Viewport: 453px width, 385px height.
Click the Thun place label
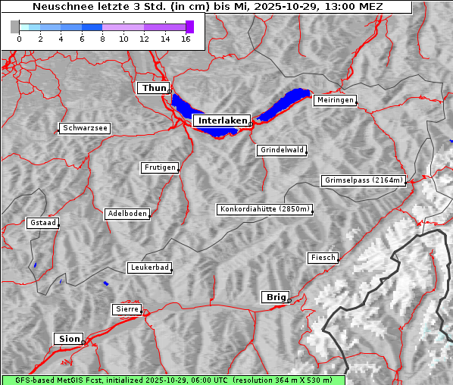click(153, 89)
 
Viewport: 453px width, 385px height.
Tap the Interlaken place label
click(222, 121)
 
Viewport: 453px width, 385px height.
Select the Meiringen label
click(334, 100)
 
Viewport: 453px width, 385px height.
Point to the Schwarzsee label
click(85, 129)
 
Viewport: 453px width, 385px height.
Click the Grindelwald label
click(282, 150)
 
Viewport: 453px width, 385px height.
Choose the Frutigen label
click(159, 167)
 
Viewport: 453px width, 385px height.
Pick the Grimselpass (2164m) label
click(363, 180)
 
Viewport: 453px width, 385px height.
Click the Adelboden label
click(127, 214)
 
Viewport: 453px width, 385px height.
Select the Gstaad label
click(42, 223)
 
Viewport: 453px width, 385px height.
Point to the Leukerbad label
click(149, 268)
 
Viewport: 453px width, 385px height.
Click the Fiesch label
click(322, 258)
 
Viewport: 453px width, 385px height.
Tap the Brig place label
click(274, 297)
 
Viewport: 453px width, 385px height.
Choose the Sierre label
click(127, 309)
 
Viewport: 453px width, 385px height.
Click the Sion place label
click(67, 338)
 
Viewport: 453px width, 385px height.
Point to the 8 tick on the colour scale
click(102, 39)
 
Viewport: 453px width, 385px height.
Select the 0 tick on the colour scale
click(18, 39)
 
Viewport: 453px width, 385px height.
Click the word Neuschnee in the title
click(58, 7)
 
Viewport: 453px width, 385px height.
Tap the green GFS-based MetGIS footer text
click(173, 380)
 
